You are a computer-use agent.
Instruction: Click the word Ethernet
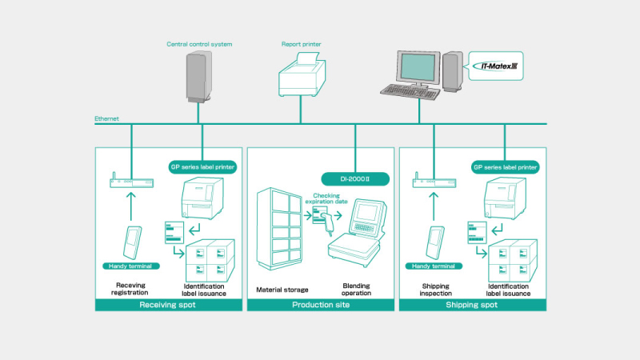pos(106,118)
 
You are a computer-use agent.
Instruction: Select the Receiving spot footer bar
pos(169,304)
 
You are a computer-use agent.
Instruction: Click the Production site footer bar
pos(320,304)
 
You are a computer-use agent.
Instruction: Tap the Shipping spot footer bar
pos(471,304)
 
